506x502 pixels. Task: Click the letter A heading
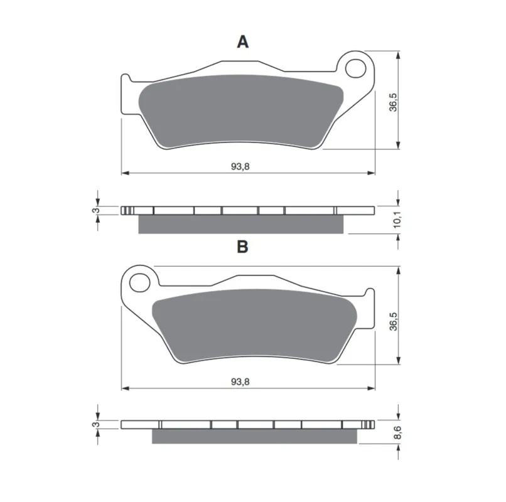(x=243, y=42)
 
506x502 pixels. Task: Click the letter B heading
(x=243, y=247)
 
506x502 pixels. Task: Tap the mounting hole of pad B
(x=140, y=283)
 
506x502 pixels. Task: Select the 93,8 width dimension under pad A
(x=240, y=166)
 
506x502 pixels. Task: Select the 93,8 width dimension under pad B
(x=240, y=382)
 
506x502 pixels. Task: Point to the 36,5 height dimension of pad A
(x=394, y=102)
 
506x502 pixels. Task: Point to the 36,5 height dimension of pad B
(x=394, y=321)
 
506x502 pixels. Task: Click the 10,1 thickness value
(x=397, y=220)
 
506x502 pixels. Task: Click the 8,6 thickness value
(x=397, y=432)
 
